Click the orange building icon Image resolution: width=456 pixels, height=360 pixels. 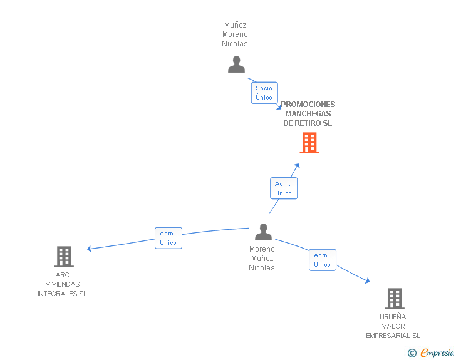point(309,143)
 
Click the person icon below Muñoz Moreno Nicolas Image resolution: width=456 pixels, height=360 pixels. point(236,64)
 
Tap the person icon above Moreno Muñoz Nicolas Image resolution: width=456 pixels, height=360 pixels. point(264,232)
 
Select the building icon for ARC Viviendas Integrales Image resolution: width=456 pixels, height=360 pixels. point(64,257)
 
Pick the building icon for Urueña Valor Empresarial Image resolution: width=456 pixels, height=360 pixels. point(395,299)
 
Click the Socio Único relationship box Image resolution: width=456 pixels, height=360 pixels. point(264,93)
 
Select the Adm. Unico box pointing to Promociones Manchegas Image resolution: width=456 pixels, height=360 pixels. point(284,188)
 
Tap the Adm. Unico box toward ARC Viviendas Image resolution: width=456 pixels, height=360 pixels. point(168,238)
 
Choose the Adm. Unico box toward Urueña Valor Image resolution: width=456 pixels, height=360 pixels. point(323,260)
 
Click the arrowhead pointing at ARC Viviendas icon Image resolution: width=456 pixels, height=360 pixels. point(89,249)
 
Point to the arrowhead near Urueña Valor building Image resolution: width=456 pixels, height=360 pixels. point(368,280)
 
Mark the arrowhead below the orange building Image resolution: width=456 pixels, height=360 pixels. point(297,166)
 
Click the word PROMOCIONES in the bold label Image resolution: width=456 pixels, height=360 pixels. point(308,105)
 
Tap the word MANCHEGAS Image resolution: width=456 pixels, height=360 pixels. point(308,114)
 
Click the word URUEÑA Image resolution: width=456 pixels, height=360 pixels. point(393,317)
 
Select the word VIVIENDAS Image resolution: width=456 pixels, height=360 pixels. point(63,284)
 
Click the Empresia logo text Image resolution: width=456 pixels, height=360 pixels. point(437,352)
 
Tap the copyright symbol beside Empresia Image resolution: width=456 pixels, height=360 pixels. point(412,353)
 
